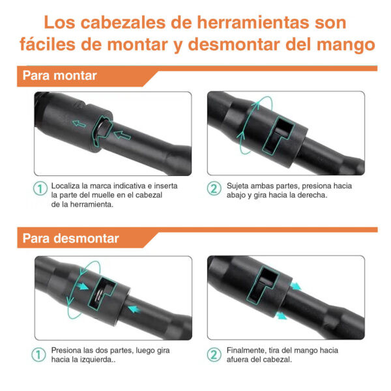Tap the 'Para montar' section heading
[x=59, y=76]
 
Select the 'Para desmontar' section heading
[x=70, y=238]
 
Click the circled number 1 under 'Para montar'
[x=40, y=188]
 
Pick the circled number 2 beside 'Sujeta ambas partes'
[x=214, y=188]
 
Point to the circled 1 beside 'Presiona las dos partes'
[x=38, y=355]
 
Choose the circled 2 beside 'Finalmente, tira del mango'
[x=214, y=355]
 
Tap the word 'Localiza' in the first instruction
[x=66, y=186]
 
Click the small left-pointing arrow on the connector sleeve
[x=79, y=123]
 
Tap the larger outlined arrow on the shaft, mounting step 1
[x=123, y=135]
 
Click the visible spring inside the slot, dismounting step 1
[x=100, y=295]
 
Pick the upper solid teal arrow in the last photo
[x=295, y=286]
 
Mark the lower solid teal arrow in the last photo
[x=282, y=315]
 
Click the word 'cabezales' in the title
[x=124, y=23]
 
